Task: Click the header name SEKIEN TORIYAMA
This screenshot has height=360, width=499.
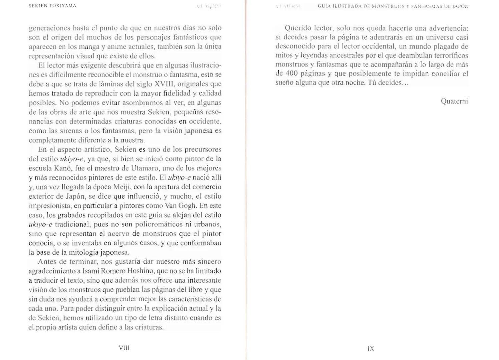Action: (53, 6)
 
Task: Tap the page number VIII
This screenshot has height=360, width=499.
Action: (124, 348)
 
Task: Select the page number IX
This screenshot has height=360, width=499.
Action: (371, 348)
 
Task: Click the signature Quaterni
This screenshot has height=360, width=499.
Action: (454, 101)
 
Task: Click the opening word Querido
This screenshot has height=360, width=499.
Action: (298, 28)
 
